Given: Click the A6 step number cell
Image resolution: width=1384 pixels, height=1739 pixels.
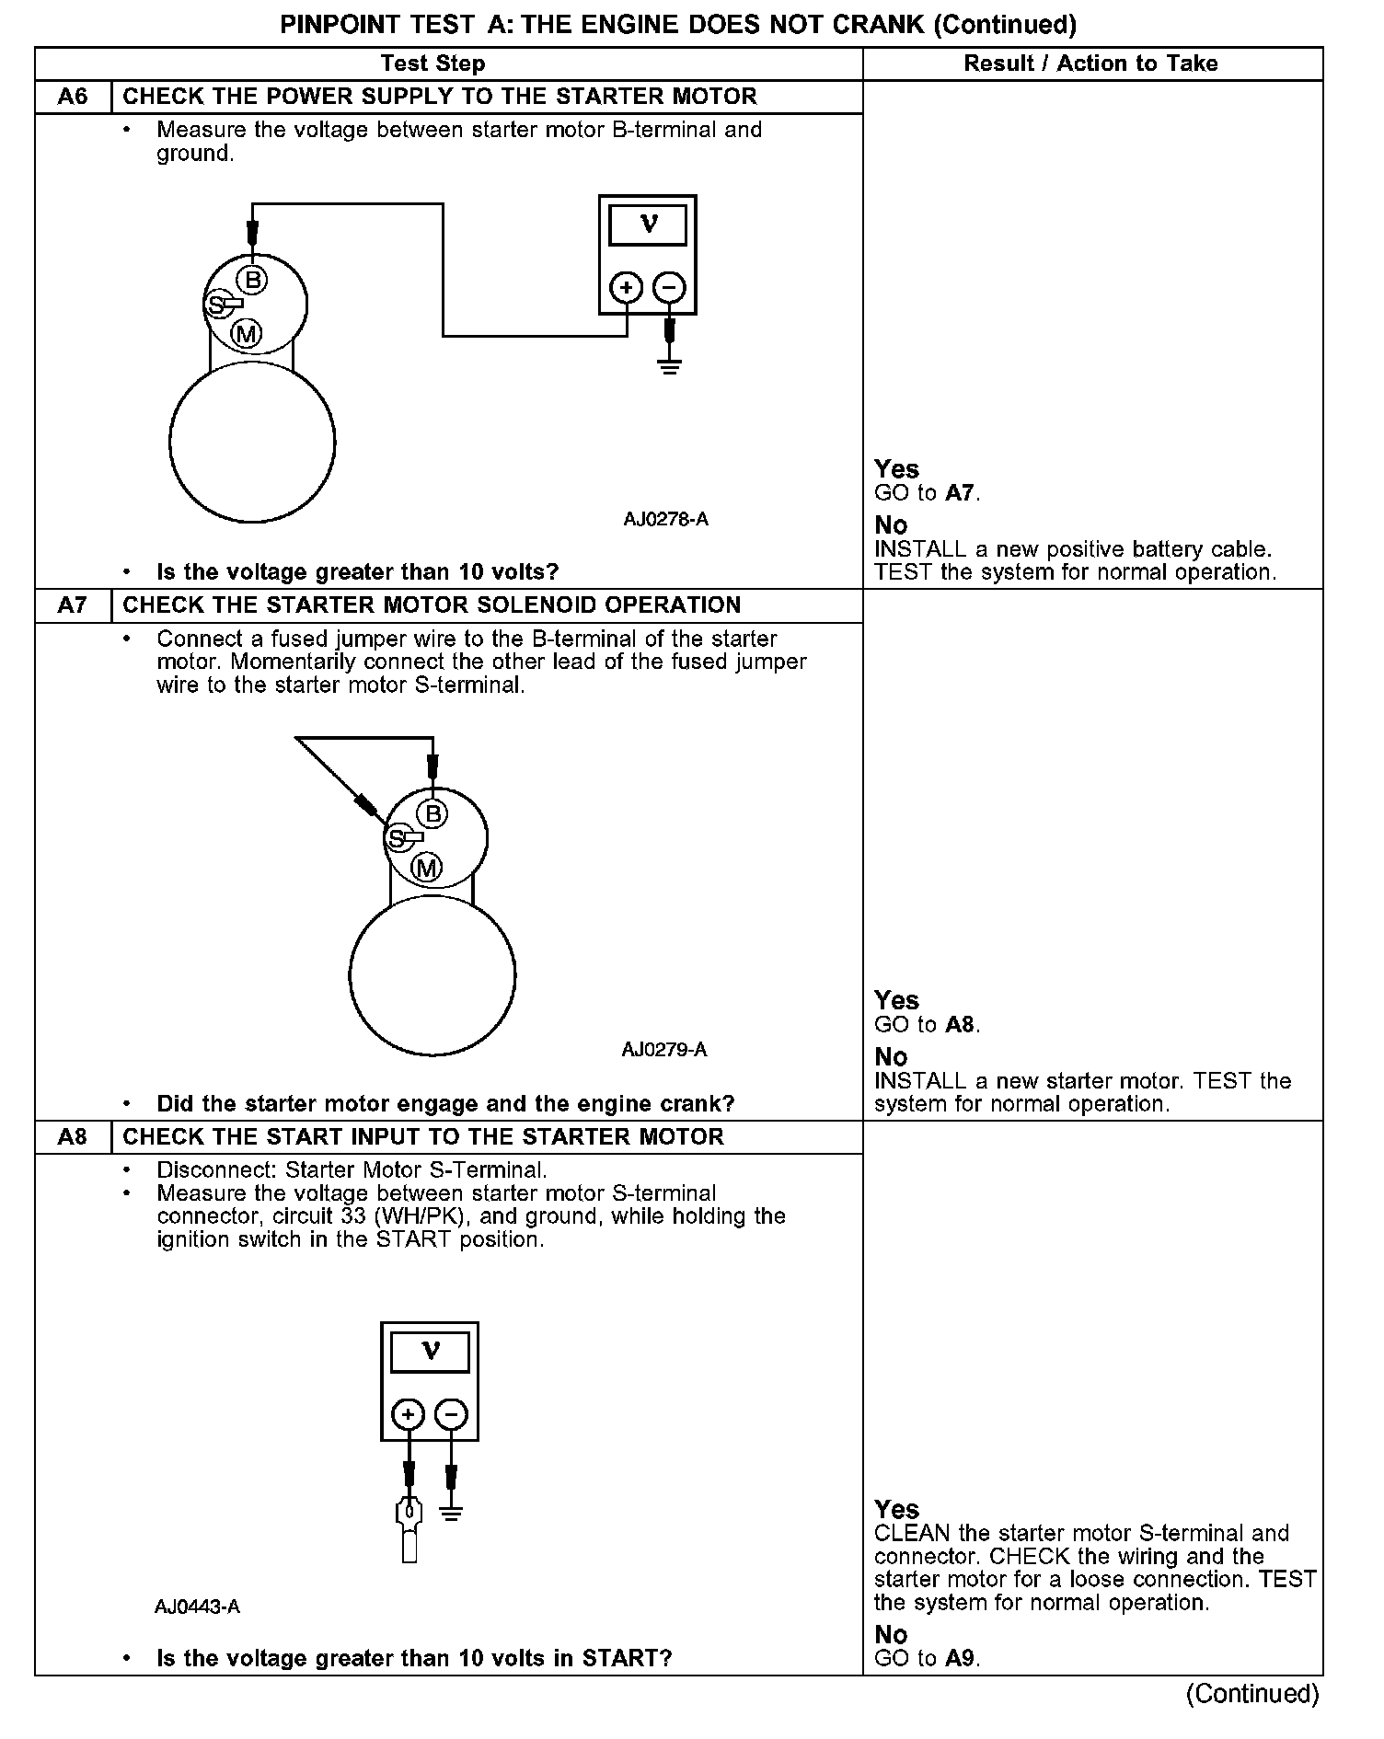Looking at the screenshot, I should click(73, 97).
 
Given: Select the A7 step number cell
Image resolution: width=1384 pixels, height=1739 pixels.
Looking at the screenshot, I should click(73, 605).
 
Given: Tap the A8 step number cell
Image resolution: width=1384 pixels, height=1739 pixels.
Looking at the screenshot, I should click(73, 1137).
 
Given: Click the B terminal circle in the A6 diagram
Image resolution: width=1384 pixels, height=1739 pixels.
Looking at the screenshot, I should click(253, 279).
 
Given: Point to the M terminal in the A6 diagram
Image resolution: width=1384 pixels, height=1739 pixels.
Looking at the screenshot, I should click(246, 334).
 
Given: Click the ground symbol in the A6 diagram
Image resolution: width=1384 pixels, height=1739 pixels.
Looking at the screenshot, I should click(670, 367).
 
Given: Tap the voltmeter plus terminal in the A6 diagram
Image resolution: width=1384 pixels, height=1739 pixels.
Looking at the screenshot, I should click(627, 288).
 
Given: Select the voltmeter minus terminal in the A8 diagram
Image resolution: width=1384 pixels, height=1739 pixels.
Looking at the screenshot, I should click(451, 1414).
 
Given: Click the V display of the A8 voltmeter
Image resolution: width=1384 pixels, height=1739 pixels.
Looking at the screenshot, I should click(430, 1353).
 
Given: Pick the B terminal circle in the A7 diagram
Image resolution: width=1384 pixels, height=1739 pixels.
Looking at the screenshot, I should click(432, 813).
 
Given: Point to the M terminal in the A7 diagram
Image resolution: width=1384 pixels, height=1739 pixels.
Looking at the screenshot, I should click(426, 868).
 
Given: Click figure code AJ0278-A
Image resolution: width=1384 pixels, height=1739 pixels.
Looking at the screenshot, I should click(665, 519).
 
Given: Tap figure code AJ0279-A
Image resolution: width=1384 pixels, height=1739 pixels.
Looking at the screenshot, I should click(663, 1050).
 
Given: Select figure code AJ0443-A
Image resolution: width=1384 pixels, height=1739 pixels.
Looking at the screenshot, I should click(197, 1607).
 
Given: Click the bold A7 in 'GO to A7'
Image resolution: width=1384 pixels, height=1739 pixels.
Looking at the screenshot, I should click(959, 493).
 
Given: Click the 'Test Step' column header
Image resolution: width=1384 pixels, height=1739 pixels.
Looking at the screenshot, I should click(432, 63).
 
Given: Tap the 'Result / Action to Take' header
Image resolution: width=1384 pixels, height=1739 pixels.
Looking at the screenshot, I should click(1090, 63).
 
